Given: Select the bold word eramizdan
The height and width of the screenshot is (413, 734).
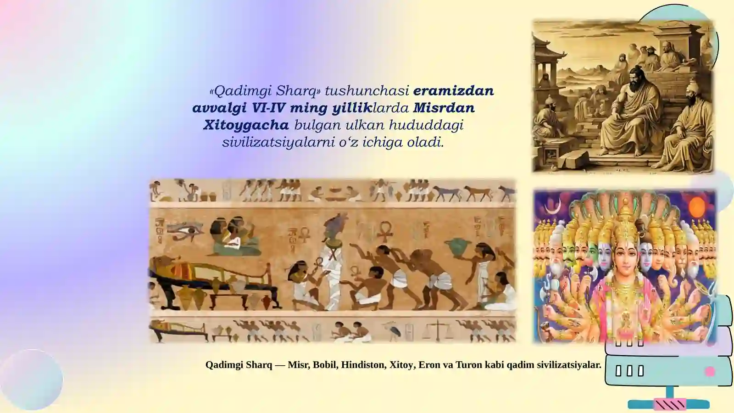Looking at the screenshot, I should point(453,91).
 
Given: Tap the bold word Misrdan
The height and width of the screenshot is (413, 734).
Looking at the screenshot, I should point(444,108).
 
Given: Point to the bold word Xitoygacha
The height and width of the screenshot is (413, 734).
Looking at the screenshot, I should point(246,125).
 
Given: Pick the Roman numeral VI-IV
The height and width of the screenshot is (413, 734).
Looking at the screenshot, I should point(268,108).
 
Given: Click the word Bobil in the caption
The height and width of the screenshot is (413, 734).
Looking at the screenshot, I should point(325,365).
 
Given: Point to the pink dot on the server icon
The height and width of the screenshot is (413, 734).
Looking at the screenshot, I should point(710,371).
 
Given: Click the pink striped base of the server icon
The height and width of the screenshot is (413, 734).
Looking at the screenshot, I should point(671,404).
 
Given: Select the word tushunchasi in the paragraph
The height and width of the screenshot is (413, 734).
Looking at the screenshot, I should point(367,91).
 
